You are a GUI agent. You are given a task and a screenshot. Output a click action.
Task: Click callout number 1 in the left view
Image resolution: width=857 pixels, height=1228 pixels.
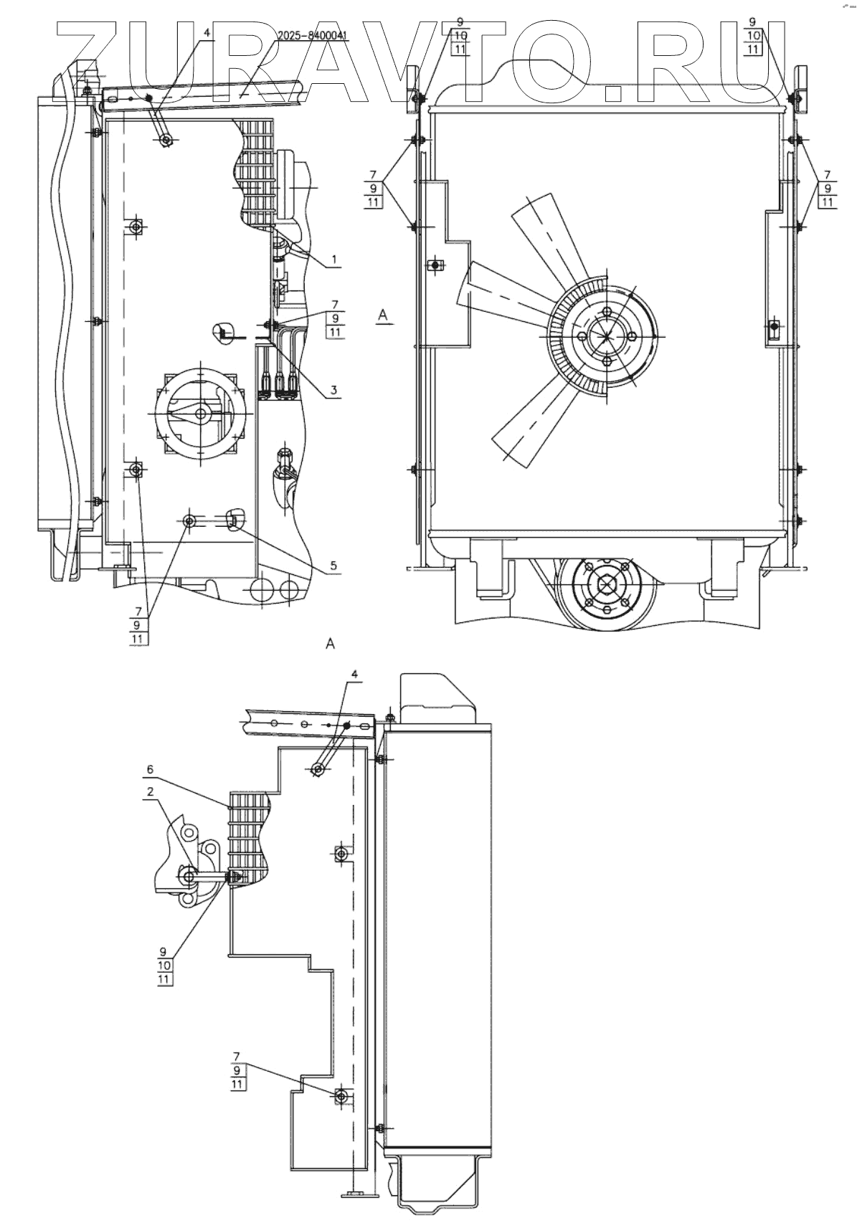(334, 257)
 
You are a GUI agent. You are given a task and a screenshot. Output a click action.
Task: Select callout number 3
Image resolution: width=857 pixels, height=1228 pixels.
(334, 390)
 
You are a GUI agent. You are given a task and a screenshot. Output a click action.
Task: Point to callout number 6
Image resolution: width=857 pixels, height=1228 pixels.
(149, 768)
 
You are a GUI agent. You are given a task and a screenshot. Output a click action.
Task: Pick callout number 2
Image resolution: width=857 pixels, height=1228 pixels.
(149, 792)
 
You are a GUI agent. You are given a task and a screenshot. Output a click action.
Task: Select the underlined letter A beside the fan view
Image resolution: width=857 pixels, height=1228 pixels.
(384, 315)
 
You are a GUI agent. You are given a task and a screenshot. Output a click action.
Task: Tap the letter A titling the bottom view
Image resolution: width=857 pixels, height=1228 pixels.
(330, 643)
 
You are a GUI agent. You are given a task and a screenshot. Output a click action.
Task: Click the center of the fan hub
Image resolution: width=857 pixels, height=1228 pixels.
(606, 335)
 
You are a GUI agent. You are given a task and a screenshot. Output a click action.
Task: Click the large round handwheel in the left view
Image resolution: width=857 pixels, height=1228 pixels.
(202, 414)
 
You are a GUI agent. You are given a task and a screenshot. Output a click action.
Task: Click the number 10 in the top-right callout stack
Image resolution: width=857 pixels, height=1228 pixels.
(774, 35)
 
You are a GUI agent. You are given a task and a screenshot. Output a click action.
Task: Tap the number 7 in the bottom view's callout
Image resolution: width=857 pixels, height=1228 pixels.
(237, 1056)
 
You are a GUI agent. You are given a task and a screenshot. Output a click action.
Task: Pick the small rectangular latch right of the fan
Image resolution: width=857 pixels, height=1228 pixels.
(772, 328)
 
